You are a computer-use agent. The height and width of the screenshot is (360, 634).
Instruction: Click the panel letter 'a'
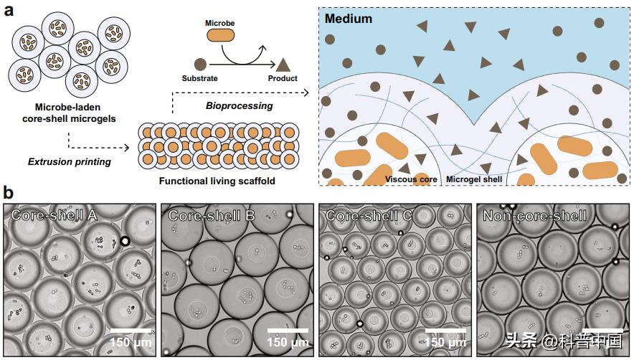click(9, 12)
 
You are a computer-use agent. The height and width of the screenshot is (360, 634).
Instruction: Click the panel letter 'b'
click(9, 192)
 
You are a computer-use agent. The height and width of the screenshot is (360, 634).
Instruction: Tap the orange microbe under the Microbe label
click(221, 34)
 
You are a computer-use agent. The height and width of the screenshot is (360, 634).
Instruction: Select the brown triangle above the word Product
click(283, 64)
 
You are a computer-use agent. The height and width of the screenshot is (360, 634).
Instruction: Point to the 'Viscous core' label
click(411, 179)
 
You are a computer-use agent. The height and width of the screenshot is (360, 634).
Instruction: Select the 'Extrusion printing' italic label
click(70, 161)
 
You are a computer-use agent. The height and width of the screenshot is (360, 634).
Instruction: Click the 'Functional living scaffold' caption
click(218, 181)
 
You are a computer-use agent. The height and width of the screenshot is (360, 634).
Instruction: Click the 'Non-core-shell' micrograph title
click(534, 215)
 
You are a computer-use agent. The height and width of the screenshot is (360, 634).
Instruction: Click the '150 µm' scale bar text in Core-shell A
click(130, 342)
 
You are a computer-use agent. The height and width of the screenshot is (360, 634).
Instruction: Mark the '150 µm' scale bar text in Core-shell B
click(288, 342)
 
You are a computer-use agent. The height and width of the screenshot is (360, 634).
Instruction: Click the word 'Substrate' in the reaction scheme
click(199, 78)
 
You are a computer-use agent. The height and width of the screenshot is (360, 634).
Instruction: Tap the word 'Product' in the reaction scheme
click(283, 78)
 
